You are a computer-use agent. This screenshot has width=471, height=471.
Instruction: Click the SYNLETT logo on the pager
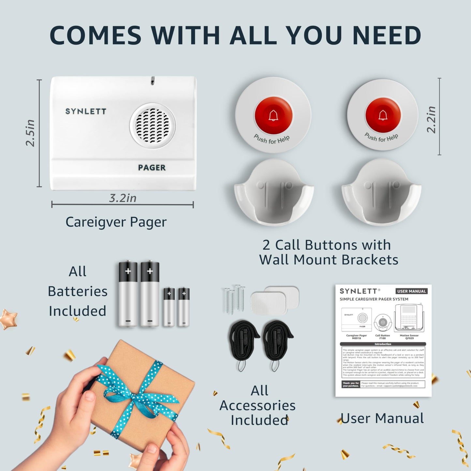86,111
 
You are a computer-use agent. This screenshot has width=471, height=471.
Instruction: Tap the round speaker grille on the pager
153,125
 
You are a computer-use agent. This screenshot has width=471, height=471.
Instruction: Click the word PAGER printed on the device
152,168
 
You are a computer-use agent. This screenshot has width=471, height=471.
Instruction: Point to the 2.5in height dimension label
30,133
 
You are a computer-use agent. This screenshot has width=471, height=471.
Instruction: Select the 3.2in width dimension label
123,198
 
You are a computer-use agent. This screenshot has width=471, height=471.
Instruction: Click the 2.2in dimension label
431,119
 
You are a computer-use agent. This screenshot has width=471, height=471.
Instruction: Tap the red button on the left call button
273,115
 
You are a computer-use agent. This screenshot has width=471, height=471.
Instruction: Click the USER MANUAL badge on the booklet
411,291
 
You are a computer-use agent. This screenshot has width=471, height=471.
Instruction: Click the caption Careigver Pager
116,222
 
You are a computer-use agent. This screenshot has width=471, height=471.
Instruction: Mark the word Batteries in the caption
78,291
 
